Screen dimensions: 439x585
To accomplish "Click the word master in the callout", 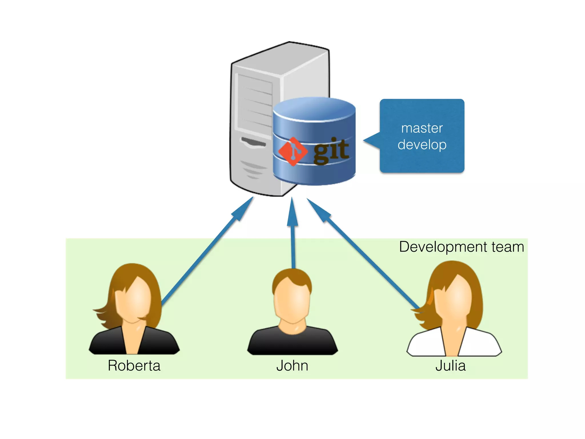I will [x=422, y=128].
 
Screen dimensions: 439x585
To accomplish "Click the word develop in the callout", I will [x=422, y=145].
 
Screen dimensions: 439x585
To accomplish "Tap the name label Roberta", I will [x=134, y=366].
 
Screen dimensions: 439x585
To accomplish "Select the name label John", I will [x=292, y=366].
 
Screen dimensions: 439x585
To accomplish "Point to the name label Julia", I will [x=450, y=366].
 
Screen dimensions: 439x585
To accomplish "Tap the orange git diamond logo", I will [x=293, y=151].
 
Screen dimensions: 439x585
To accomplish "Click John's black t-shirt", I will [x=292, y=343].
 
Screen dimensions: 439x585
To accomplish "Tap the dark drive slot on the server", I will [x=253, y=142].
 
